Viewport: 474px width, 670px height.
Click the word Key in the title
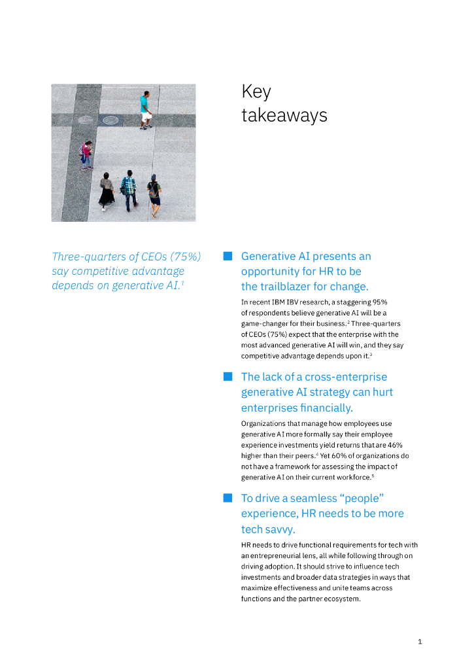(x=256, y=92)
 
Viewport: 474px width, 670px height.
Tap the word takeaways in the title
(x=284, y=116)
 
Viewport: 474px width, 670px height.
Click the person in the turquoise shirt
(x=144, y=110)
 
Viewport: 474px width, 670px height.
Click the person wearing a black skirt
(x=107, y=191)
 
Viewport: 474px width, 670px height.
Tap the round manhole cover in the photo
(x=110, y=120)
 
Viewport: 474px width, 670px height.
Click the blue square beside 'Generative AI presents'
(x=228, y=256)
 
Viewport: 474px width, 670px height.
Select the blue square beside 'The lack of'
(x=228, y=376)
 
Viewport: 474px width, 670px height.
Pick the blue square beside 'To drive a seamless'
(x=228, y=498)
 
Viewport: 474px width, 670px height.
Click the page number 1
(x=420, y=642)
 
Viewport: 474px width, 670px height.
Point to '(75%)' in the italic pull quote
(x=185, y=256)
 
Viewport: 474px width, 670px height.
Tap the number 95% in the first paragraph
(x=379, y=302)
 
